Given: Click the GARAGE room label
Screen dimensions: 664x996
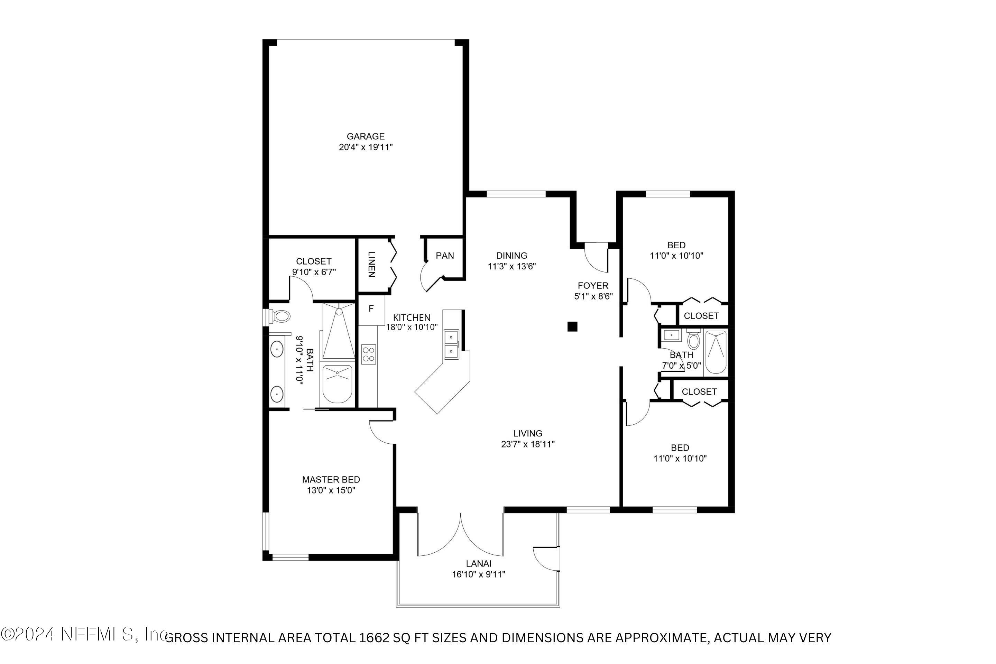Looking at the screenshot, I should (366, 136).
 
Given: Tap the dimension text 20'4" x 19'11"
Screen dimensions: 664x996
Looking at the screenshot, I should (366, 147).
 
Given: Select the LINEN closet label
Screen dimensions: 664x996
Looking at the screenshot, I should (371, 265).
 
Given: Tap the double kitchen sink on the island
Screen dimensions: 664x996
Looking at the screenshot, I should (451, 344).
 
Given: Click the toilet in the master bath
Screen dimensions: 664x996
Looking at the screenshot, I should (281, 316).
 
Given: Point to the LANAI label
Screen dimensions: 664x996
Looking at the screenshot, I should (479, 564).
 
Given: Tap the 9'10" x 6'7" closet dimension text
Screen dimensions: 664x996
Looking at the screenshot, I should (314, 272).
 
